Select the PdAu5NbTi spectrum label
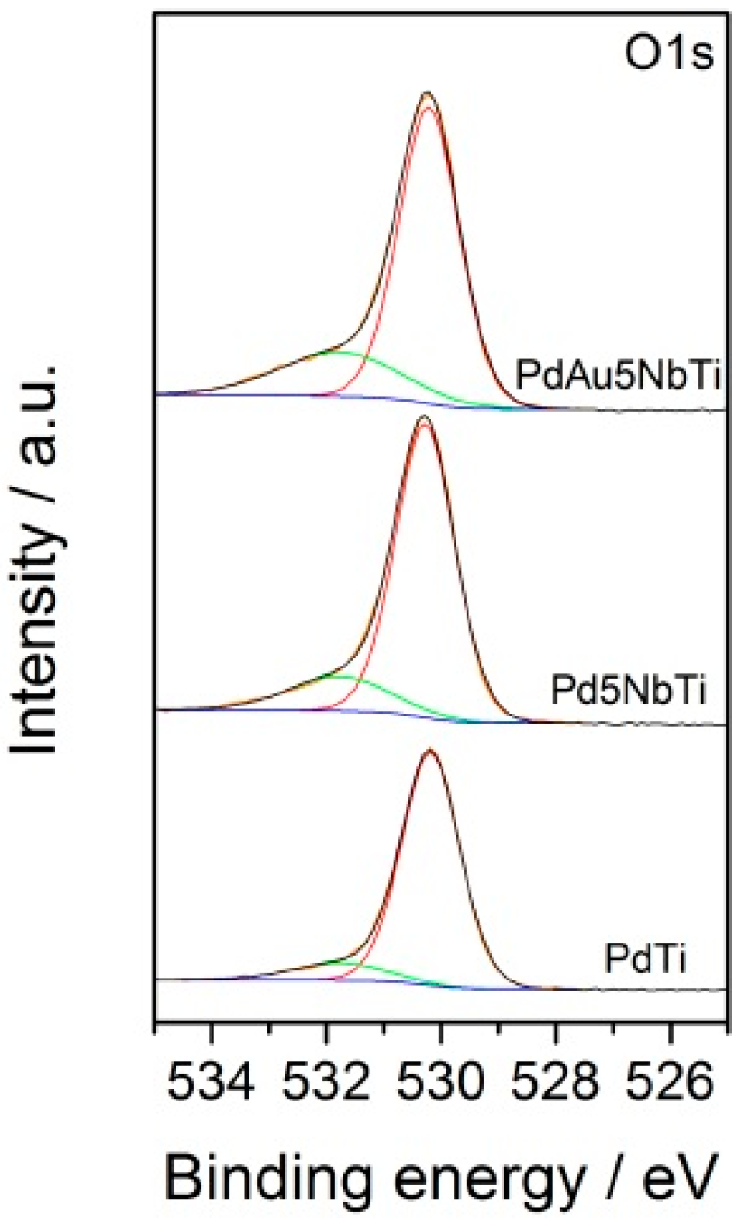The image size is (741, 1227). coord(617,377)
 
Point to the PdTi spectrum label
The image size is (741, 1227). coord(644,960)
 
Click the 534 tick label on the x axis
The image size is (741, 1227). coord(213,1072)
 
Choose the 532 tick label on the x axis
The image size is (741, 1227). coord(327,1072)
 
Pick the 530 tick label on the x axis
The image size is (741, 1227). coord(442,1072)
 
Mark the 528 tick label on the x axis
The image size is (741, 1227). coord(555,1072)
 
